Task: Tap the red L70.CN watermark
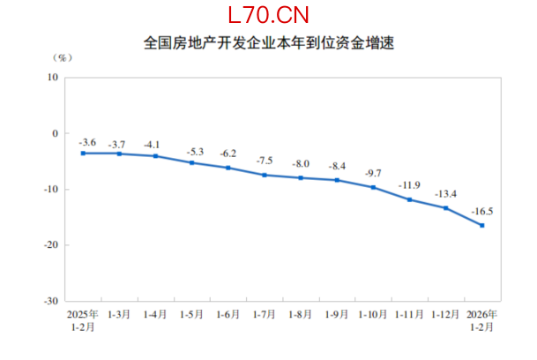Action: (x=268, y=15)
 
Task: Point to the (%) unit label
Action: (x=63, y=58)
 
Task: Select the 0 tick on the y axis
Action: (x=55, y=133)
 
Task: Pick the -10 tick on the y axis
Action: (x=50, y=189)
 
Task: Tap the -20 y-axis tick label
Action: (x=50, y=244)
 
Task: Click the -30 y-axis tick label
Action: (x=50, y=300)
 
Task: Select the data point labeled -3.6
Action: (x=83, y=153)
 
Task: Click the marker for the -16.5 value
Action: (x=481, y=225)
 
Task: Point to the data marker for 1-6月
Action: (x=227, y=168)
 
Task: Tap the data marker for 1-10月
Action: (x=373, y=187)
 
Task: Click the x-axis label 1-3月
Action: (x=119, y=314)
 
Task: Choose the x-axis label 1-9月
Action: (x=337, y=314)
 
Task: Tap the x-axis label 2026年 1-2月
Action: (x=481, y=319)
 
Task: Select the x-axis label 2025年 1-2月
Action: (x=83, y=319)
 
